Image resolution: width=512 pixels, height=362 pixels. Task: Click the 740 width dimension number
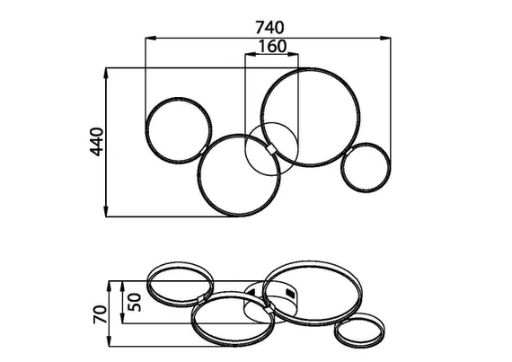click(269, 28)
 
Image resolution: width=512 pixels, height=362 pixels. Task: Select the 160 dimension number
click(272, 47)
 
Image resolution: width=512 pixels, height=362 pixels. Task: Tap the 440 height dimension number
click(97, 142)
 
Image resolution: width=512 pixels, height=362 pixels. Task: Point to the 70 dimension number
click(101, 314)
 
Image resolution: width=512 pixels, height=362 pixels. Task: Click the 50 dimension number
click(134, 303)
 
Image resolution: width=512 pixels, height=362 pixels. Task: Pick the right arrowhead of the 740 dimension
click(385, 39)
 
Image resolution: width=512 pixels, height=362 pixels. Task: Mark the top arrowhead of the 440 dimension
click(106, 73)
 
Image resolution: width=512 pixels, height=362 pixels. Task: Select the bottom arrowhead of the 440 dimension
click(106, 211)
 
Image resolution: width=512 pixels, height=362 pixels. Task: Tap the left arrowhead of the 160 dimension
click(251, 55)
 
